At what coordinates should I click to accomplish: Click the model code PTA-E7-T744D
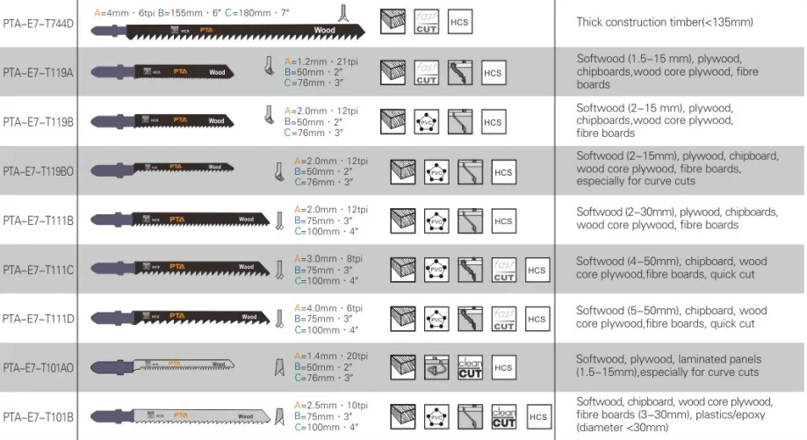pyautogui.click(x=38, y=21)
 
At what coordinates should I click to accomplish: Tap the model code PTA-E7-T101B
pyautogui.click(x=38, y=416)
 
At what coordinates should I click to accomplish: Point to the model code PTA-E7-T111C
pyautogui.click(x=38, y=268)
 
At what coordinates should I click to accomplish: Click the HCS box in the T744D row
pyautogui.click(x=459, y=22)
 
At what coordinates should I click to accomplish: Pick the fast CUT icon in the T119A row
pyautogui.click(x=427, y=72)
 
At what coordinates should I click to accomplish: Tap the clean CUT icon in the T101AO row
pyautogui.click(x=470, y=367)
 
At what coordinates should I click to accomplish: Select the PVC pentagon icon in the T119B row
pyautogui.click(x=427, y=121)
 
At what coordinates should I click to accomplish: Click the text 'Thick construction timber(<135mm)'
pyautogui.click(x=664, y=21)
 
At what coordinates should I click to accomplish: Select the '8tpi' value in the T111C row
pyautogui.click(x=355, y=257)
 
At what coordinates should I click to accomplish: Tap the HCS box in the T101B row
pyautogui.click(x=538, y=417)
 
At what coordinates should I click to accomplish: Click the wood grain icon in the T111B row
pyautogui.click(x=403, y=220)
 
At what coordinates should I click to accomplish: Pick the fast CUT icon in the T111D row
pyautogui.click(x=503, y=318)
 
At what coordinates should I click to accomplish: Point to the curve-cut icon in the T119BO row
pyautogui.click(x=470, y=170)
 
